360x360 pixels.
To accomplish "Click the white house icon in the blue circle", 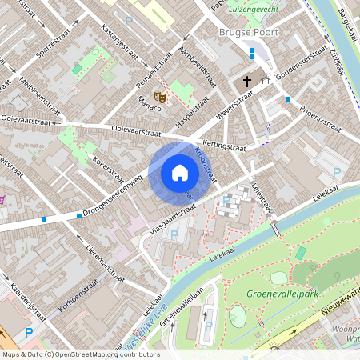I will [x=180, y=173].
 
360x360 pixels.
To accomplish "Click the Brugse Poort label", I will [x=244, y=33].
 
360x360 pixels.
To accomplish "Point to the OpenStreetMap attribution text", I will [x=81, y=354].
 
